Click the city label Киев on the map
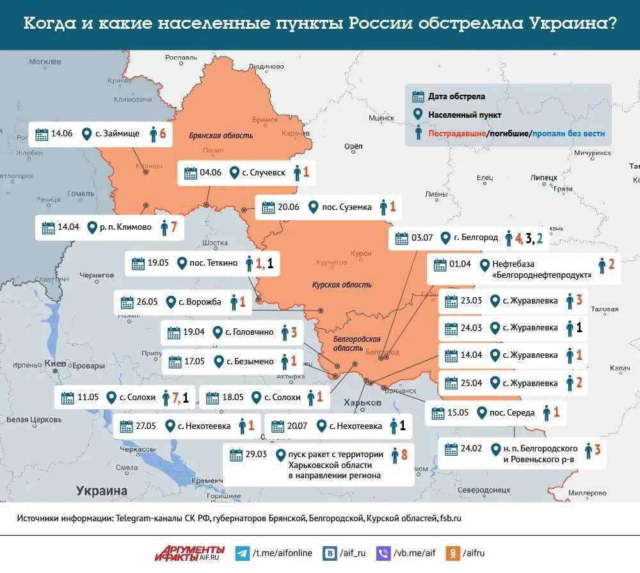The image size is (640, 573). click(x=56, y=363)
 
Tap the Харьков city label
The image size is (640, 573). click(x=362, y=403)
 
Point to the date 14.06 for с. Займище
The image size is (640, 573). click(x=62, y=134)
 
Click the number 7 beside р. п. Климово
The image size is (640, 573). click(x=173, y=227)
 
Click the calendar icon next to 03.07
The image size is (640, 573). click(x=401, y=238)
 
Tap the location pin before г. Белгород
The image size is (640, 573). click(x=444, y=238)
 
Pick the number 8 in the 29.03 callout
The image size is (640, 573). click(x=404, y=455)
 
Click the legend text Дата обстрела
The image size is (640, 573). click(x=456, y=97)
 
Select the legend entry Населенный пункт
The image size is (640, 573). click(x=465, y=115)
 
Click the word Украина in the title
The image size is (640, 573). click(x=573, y=24)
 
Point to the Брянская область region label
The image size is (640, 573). click(x=221, y=136)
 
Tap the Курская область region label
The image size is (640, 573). click(x=342, y=285)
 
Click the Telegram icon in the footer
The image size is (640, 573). click(x=243, y=553)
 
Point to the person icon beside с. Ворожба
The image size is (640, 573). click(x=234, y=302)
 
